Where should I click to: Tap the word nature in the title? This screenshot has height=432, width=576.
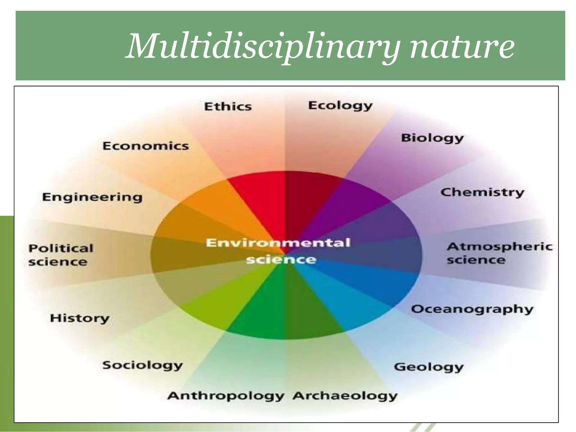point(462,46)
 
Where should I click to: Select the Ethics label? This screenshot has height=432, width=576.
point(228,107)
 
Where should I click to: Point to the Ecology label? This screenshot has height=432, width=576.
point(340,106)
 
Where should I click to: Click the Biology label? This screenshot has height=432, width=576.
point(432,138)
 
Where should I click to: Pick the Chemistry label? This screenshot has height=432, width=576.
point(482,193)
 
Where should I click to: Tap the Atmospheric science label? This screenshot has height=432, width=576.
point(499,253)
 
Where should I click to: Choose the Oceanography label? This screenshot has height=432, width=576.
point(472,309)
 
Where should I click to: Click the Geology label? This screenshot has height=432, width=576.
point(429,367)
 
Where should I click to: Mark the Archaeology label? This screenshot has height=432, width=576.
point(345,396)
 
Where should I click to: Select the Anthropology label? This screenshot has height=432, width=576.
point(226,396)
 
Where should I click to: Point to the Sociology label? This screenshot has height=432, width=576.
point(143,365)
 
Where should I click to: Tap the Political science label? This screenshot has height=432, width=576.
point(60,255)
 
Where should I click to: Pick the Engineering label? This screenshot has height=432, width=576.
point(92,197)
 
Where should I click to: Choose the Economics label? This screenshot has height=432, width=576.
point(145,146)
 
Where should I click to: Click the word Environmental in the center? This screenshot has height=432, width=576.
point(278,243)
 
